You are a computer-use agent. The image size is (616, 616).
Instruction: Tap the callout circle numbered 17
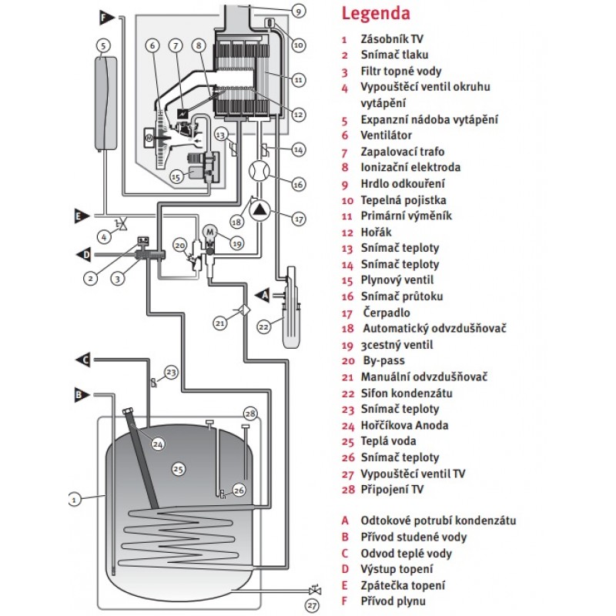coord(299,218)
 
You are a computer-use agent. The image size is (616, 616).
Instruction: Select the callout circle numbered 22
coord(263,326)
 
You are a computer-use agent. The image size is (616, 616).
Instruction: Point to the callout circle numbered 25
coord(178,468)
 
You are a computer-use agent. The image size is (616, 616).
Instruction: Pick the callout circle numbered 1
coord(75,499)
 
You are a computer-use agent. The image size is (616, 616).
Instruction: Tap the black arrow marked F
coord(106,15)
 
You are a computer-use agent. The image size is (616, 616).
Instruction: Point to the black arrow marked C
coord(83,359)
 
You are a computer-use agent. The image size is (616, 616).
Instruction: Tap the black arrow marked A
coord(262,293)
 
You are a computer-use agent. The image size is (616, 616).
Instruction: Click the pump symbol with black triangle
coord(263,207)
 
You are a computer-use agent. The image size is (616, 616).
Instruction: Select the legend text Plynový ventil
coord(397,280)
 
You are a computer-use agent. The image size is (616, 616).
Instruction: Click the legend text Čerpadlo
coord(387,313)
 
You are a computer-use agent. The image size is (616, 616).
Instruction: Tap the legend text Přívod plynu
coord(393,601)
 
